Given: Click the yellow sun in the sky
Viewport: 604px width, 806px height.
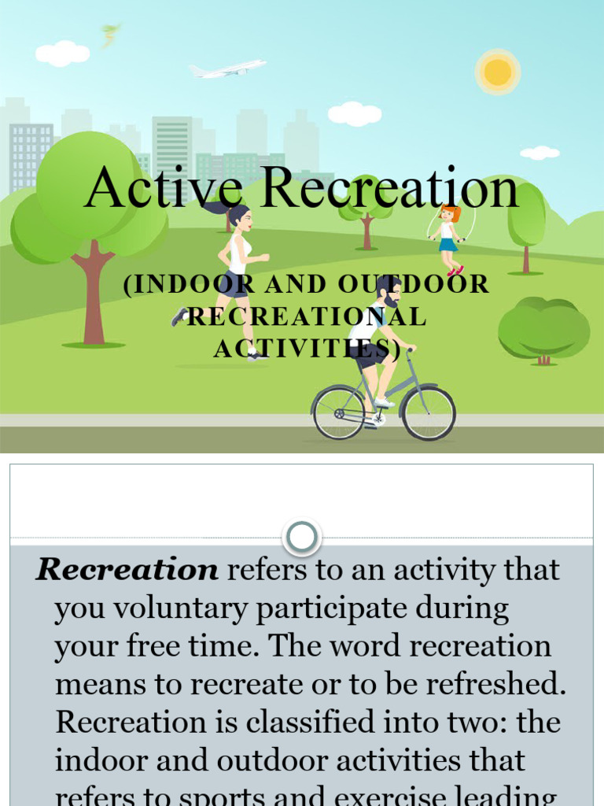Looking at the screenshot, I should tap(498, 72).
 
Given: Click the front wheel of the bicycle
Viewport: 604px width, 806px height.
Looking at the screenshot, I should tap(428, 413).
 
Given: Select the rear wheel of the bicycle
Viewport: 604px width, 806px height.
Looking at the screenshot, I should tap(339, 413).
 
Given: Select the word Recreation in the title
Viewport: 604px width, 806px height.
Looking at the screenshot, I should tap(389, 189).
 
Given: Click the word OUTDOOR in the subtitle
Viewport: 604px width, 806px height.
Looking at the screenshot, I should tap(414, 284).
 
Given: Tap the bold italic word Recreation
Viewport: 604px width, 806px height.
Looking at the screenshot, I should tap(127, 569).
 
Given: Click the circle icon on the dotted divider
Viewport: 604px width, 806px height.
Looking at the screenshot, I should tap(301, 538).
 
